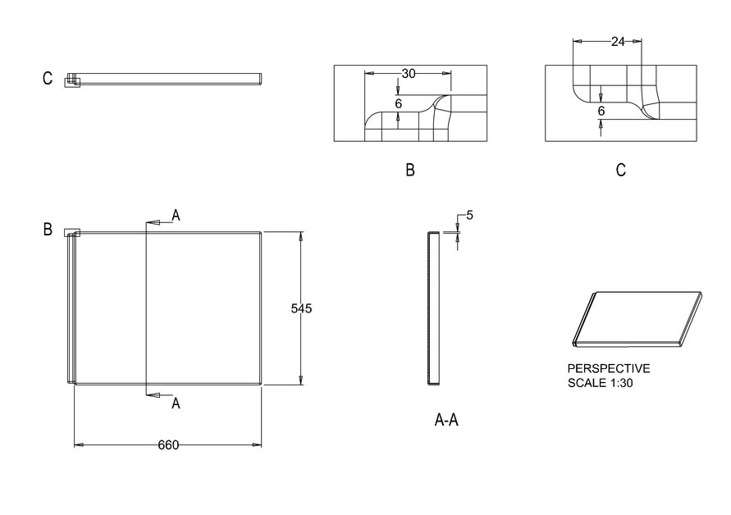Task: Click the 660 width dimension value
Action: tap(168, 445)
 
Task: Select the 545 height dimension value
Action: tap(302, 308)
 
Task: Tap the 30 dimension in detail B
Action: tap(409, 74)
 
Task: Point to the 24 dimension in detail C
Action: tap(618, 42)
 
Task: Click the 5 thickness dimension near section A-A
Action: tap(469, 216)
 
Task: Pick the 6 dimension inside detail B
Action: tap(399, 104)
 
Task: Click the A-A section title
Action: tap(446, 421)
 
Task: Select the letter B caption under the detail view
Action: tap(409, 171)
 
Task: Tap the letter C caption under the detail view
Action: tap(620, 171)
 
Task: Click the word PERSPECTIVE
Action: tap(609, 369)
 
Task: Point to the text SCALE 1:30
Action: tap(600, 383)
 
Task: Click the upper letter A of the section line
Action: tap(176, 215)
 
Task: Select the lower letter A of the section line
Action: tap(176, 403)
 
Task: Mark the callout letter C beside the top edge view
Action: tap(48, 79)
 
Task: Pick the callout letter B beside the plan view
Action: tap(48, 230)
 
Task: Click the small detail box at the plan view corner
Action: tap(72, 232)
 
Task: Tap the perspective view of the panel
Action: tap(636, 319)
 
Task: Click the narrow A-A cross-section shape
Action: tap(432, 308)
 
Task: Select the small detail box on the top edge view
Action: tap(73, 80)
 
